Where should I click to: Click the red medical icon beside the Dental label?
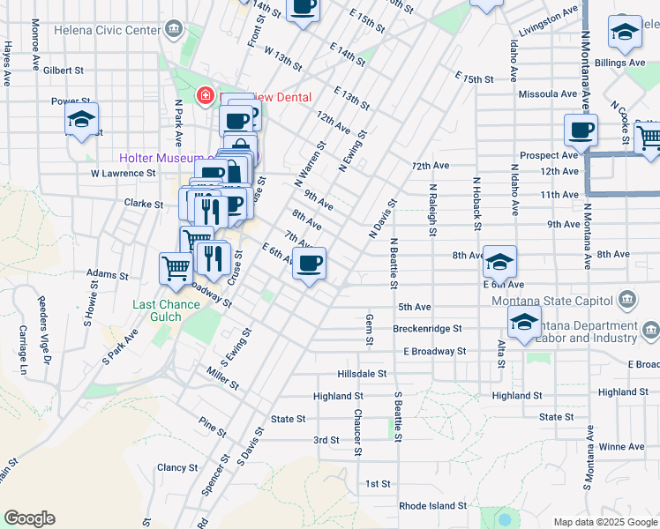coord(206,94)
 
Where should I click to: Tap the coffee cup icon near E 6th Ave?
coord(309,263)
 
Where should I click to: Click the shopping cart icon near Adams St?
coord(176,268)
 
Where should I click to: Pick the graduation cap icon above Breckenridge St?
coord(524,323)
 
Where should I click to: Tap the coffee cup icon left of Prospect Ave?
coord(581,130)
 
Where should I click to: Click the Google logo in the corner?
coord(29,518)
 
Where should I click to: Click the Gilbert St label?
coord(63,70)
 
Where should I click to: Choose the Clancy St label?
coord(177,467)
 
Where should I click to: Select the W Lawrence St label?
coord(123,174)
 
